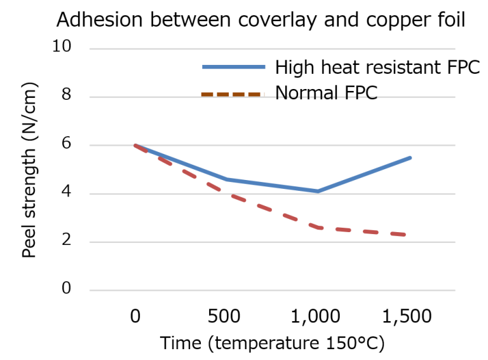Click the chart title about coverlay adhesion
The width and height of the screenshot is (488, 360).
tap(261, 20)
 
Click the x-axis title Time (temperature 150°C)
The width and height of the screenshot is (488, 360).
tap(272, 343)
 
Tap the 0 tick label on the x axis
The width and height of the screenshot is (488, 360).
tap(135, 316)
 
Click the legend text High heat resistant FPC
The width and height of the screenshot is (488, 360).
tap(377, 67)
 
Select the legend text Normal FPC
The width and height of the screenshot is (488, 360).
tap(326, 93)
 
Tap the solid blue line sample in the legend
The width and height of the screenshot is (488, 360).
tap(233, 67)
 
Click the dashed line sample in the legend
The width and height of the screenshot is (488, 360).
tap(231, 94)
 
